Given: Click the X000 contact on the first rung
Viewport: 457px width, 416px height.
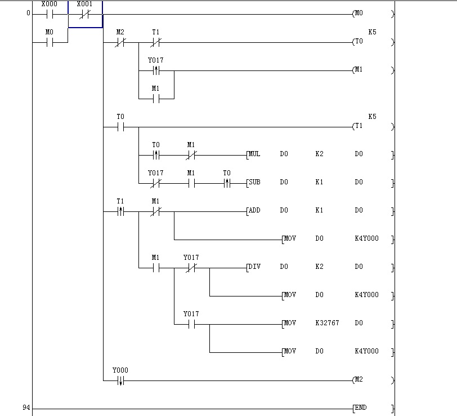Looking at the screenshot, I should (x=49, y=14).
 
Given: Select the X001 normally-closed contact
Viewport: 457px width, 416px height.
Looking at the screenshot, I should (x=84, y=14).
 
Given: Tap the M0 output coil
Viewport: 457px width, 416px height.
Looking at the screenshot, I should (x=359, y=14).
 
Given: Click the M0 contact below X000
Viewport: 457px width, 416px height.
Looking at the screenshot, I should (x=49, y=42).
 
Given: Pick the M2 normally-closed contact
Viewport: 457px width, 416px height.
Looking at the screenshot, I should (x=120, y=42).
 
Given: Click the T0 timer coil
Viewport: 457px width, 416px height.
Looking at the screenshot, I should (x=359, y=42).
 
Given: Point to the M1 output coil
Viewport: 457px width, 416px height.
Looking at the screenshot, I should (x=359, y=70).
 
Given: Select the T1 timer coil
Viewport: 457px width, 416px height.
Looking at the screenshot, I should (x=359, y=126).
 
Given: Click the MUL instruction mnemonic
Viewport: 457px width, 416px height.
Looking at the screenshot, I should (x=254, y=154).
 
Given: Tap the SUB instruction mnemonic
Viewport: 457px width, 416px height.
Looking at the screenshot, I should (x=254, y=182).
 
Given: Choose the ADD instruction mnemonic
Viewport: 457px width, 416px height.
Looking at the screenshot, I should (x=254, y=210).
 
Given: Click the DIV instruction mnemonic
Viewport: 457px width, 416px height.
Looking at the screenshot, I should (x=254, y=267).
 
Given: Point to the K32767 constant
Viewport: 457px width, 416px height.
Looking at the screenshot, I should (x=327, y=323).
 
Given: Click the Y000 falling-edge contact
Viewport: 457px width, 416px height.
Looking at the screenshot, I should (x=120, y=380).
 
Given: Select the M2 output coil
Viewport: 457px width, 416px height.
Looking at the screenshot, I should (x=359, y=380).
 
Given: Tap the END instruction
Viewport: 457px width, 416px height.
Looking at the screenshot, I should (x=361, y=408).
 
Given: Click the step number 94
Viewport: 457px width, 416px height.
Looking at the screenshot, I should (x=26, y=408).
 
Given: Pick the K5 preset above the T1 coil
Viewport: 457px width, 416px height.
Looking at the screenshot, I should (x=372, y=117).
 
